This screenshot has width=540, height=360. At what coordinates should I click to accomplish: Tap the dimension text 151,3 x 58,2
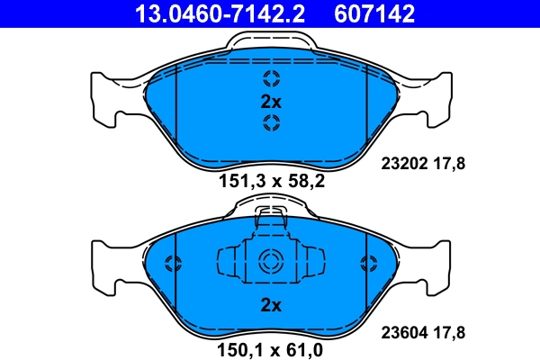pos(271,181)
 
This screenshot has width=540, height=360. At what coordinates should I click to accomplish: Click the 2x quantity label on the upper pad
pos(271,101)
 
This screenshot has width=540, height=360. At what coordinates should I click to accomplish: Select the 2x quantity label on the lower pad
pos(271,305)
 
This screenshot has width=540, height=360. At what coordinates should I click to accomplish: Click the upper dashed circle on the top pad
pos(271,77)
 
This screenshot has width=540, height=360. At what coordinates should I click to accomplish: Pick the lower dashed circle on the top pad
pos(271,123)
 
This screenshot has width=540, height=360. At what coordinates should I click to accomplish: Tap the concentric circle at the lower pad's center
pos(271,263)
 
